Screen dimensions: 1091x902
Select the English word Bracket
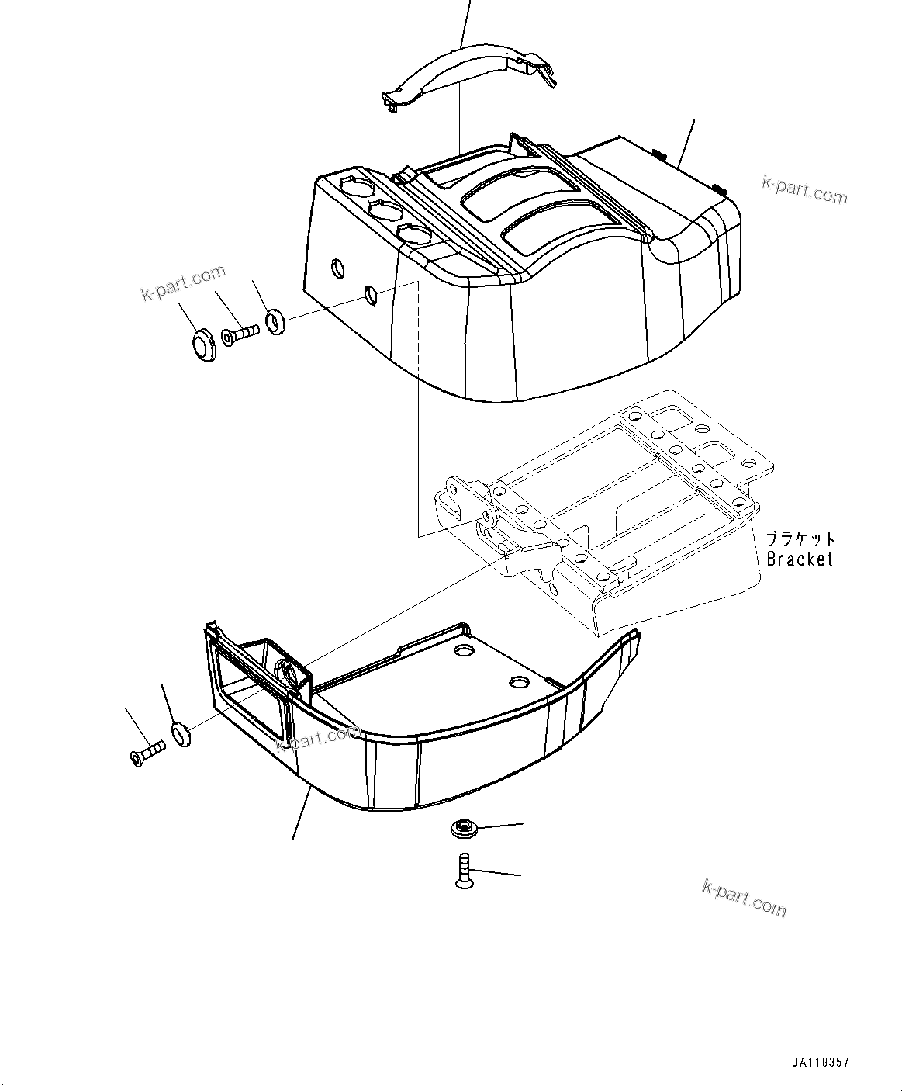click(x=799, y=558)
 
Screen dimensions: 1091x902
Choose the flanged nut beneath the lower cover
click(x=463, y=830)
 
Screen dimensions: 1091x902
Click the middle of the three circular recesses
click(x=382, y=210)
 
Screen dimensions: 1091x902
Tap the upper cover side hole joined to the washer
click(x=372, y=293)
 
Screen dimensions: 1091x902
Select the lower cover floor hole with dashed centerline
click(x=465, y=649)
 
